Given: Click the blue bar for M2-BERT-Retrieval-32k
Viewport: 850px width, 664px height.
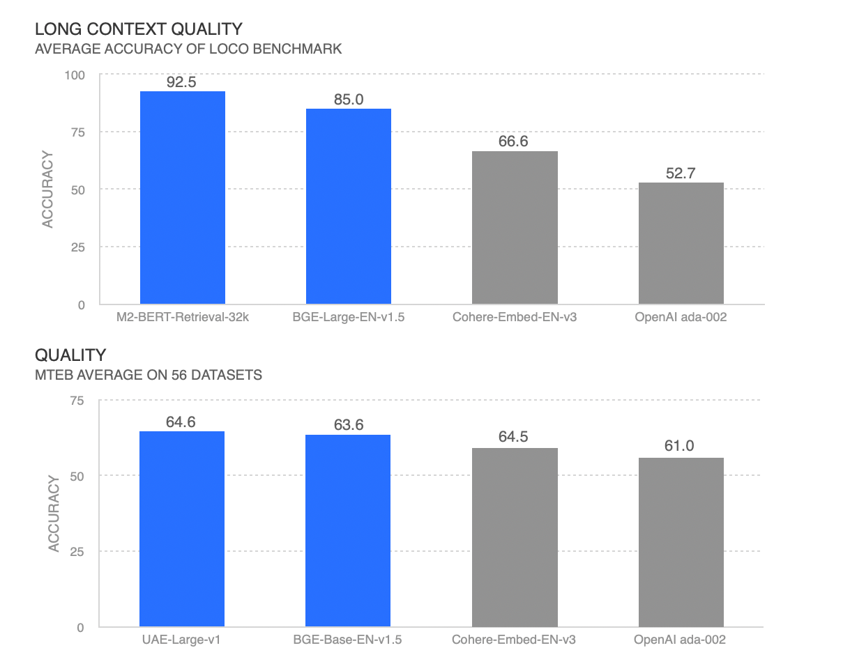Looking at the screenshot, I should click(x=182, y=198).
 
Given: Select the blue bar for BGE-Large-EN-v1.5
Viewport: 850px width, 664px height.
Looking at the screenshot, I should click(x=349, y=206).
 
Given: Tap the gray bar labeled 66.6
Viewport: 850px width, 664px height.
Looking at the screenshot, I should click(x=515, y=228).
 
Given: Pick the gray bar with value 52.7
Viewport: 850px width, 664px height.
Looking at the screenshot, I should click(x=681, y=243).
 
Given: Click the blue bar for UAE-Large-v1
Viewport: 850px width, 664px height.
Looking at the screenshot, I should click(x=182, y=529).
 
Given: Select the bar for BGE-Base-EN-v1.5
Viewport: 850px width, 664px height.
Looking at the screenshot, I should click(x=348, y=531).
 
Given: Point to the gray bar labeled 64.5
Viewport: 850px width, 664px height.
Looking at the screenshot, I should click(x=515, y=537).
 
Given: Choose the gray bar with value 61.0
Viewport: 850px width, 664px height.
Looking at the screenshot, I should click(x=681, y=542).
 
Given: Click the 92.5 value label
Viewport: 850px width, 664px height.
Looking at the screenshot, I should click(x=182, y=82).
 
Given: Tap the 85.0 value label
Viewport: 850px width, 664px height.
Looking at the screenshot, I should click(x=349, y=100).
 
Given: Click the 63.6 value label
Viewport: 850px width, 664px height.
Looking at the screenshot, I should click(x=349, y=424).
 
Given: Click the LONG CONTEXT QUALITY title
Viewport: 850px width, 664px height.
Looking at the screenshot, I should click(x=139, y=29).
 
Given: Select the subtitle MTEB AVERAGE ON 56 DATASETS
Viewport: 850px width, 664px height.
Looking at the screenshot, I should click(x=149, y=375).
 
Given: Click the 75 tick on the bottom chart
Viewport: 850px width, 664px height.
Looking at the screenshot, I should click(x=77, y=400).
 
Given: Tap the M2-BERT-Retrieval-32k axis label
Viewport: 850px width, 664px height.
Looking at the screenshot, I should click(x=182, y=317).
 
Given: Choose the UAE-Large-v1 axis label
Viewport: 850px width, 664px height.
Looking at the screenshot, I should click(x=182, y=639).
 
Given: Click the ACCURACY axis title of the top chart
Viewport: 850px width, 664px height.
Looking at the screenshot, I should click(x=47, y=190).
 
